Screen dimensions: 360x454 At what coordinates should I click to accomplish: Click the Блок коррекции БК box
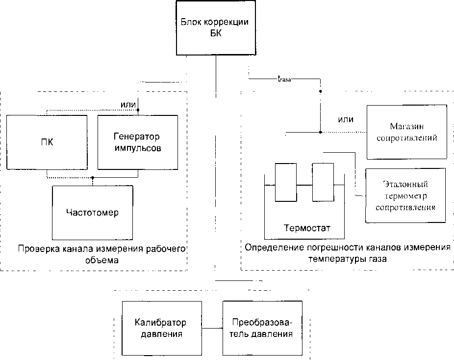click(x=215, y=29)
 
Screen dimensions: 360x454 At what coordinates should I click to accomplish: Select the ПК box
click(x=48, y=142)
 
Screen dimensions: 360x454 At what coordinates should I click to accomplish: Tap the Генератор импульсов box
click(x=137, y=141)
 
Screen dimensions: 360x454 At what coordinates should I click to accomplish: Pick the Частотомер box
click(x=92, y=213)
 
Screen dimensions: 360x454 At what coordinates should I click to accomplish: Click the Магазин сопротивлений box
click(x=406, y=132)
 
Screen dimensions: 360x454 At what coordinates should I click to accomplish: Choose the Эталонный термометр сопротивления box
click(x=405, y=195)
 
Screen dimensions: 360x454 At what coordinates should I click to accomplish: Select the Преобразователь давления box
click(x=262, y=328)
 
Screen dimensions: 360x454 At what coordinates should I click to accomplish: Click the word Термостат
click(x=307, y=228)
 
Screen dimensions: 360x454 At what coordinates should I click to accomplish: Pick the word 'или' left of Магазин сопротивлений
click(x=346, y=119)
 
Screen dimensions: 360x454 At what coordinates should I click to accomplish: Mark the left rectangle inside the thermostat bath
click(x=285, y=182)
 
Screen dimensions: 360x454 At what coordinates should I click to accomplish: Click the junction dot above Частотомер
click(x=93, y=178)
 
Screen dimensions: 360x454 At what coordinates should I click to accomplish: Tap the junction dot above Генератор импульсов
click(x=138, y=111)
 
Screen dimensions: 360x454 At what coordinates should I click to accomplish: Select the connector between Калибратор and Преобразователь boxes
click(x=212, y=328)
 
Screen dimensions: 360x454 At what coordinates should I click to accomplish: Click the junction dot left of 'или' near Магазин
click(x=320, y=132)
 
